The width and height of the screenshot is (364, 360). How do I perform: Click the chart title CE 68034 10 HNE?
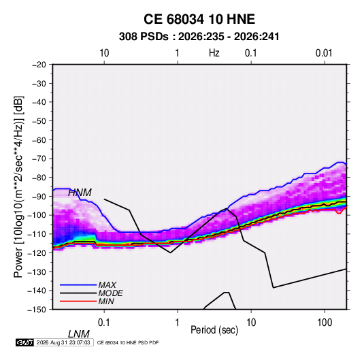[199, 19]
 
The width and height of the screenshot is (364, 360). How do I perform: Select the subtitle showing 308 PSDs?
[199, 37]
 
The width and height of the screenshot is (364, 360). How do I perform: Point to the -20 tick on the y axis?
[39, 65]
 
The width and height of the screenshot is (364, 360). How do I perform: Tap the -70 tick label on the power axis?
[39, 159]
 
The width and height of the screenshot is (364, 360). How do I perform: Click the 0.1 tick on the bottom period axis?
[104, 323]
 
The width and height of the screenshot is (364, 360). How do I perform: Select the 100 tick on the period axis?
[325, 323]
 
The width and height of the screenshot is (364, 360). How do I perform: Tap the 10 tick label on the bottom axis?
[251, 323]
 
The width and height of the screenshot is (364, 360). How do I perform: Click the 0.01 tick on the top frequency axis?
[324, 53]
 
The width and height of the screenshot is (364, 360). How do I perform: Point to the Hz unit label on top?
[214, 53]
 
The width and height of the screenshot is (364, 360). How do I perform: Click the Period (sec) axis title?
[214, 330]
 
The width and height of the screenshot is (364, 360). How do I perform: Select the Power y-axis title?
[18, 187]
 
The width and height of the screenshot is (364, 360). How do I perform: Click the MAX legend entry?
[107, 285]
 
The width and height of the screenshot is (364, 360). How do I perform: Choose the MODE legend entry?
[110, 293]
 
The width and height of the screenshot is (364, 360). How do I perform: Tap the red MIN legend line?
[78, 301]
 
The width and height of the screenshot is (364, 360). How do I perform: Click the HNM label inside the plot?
[80, 193]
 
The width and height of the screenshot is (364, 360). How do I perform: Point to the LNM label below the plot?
[79, 334]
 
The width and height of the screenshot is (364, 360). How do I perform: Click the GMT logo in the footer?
[25, 342]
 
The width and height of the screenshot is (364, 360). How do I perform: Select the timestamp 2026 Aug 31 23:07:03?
[63, 342]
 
